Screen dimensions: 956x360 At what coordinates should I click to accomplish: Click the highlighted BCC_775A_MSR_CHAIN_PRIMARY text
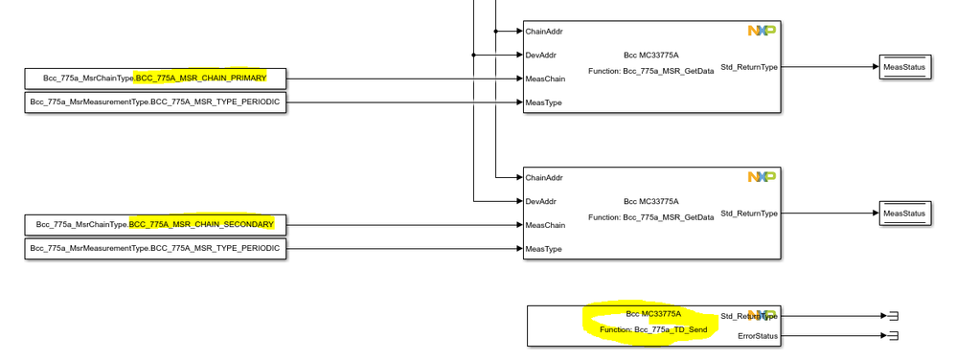pyautogui.click(x=201, y=78)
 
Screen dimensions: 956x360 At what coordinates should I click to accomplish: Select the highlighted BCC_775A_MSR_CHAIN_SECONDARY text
pyautogui.click(x=201, y=224)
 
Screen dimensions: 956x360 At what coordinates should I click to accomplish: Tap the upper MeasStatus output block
pyautogui.click(x=904, y=67)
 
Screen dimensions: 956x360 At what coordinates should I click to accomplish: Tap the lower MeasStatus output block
pyautogui.click(x=904, y=214)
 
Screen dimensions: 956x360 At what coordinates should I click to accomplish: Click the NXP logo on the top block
pyautogui.click(x=762, y=31)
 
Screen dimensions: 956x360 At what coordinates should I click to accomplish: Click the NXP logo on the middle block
pyautogui.click(x=762, y=177)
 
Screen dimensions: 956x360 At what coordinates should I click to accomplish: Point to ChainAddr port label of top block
pyautogui.click(x=544, y=32)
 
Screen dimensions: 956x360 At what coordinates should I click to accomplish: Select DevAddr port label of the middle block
pyautogui.click(x=541, y=201)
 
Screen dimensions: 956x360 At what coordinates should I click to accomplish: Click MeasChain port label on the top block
pyautogui.click(x=545, y=79)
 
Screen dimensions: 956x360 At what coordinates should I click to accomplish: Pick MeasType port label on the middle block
pyautogui.click(x=544, y=249)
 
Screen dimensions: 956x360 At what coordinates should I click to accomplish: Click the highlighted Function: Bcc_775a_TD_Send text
pyautogui.click(x=653, y=329)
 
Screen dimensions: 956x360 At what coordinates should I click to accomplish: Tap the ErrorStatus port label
pyautogui.click(x=759, y=336)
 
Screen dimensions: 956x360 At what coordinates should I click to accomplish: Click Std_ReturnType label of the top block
pyautogui.click(x=749, y=67)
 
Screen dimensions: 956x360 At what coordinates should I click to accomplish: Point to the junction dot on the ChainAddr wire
pyautogui.click(x=495, y=32)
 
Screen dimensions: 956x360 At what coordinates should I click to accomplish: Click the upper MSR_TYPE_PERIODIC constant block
pyautogui.click(x=155, y=101)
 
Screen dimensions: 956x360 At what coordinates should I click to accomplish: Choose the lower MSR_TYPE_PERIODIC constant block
pyautogui.click(x=155, y=248)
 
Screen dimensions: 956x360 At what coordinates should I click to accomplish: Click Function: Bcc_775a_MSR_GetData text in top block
pyautogui.click(x=651, y=71)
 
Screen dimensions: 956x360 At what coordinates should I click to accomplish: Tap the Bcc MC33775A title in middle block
pyautogui.click(x=651, y=201)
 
